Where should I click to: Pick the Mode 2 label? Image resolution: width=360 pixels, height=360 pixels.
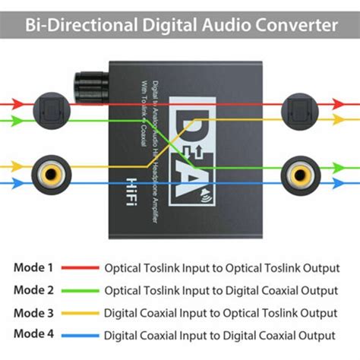tap(34, 289)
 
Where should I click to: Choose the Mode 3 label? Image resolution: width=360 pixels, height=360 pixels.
tap(34, 312)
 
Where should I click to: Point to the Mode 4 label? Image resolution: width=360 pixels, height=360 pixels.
tap(34, 335)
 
